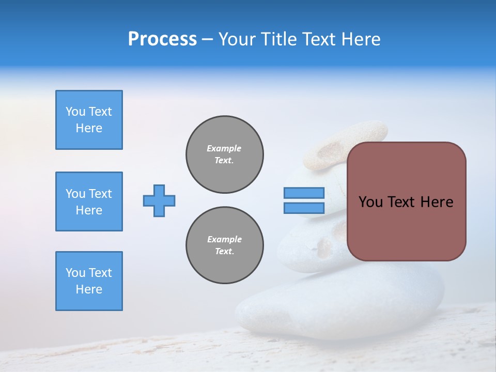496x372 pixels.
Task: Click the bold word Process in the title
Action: click(x=162, y=39)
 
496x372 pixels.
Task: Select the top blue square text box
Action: click(x=89, y=120)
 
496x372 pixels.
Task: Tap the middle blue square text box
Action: click(x=89, y=202)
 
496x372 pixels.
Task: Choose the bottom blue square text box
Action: click(x=89, y=281)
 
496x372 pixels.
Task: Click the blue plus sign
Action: click(x=159, y=200)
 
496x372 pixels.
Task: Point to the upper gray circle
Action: click(x=225, y=154)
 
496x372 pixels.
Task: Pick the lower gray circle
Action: click(x=225, y=245)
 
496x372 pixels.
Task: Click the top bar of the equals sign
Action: click(x=304, y=193)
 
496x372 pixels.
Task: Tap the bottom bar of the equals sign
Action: click(x=304, y=208)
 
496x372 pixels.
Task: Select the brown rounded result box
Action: click(x=406, y=202)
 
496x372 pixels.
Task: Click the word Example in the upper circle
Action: click(x=224, y=148)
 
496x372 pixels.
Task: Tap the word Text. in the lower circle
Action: click(x=225, y=252)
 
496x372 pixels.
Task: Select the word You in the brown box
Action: click(x=370, y=202)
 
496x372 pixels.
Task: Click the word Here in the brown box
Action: click(x=437, y=202)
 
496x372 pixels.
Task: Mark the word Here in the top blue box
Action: click(x=89, y=128)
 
